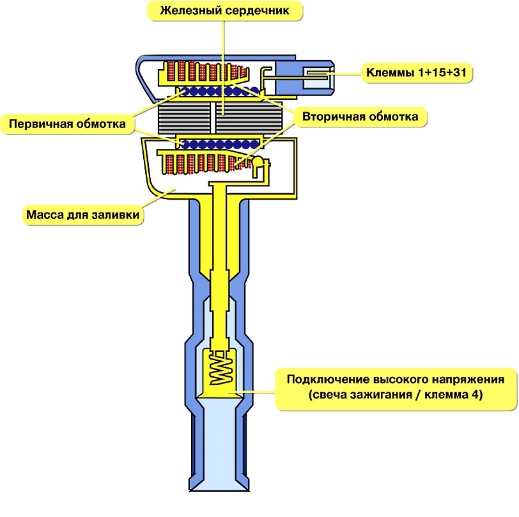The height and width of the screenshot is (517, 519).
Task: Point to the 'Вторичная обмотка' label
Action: [360, 118]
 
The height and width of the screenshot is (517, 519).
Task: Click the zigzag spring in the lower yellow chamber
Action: [219, 369]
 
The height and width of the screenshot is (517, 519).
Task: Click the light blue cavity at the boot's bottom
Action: [219, 441]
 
